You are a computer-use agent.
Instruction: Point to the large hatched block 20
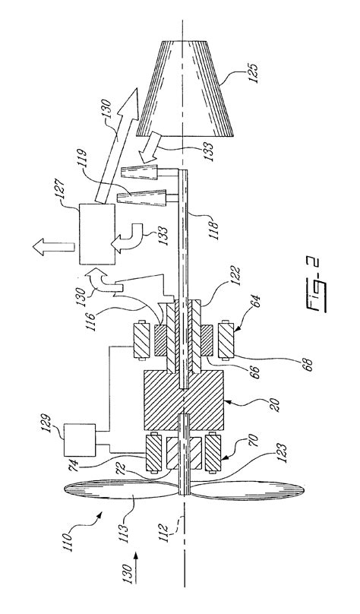184,404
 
